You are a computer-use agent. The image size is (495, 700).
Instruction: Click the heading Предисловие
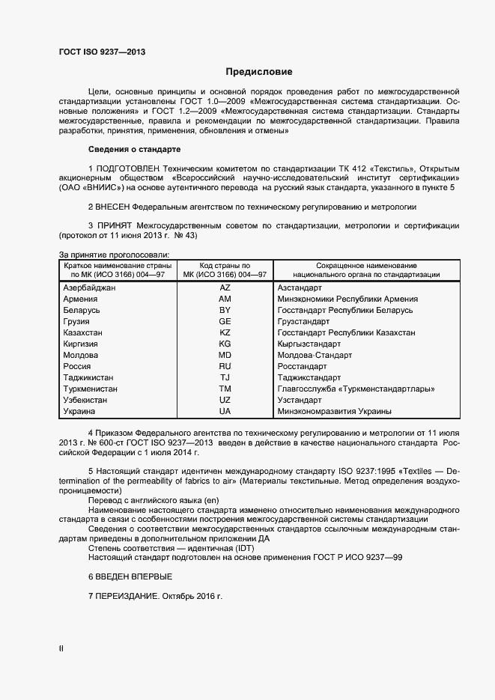(x=259, y=72)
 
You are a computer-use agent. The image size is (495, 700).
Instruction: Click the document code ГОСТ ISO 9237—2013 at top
(x=102, y=52)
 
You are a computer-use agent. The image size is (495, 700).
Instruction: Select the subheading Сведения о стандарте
(x=135, y=148)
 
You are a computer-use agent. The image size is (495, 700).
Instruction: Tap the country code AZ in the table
(x=224, y=287)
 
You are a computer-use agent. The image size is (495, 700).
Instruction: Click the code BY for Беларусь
(x=224, y=310)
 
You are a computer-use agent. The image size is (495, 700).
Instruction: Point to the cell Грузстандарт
(x=303, y=321)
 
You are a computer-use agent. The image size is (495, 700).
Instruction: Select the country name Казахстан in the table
(x=84, y=332)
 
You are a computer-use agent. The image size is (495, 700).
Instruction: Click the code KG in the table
(x=224, y=344)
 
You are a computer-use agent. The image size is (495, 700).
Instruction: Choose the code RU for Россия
(x=224, y=366)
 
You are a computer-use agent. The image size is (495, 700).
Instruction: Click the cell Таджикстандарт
(x=309, y=377)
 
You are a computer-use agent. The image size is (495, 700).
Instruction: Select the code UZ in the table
(x=224, y=400)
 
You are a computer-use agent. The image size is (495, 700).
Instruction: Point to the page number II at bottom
(x=61, y=648)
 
